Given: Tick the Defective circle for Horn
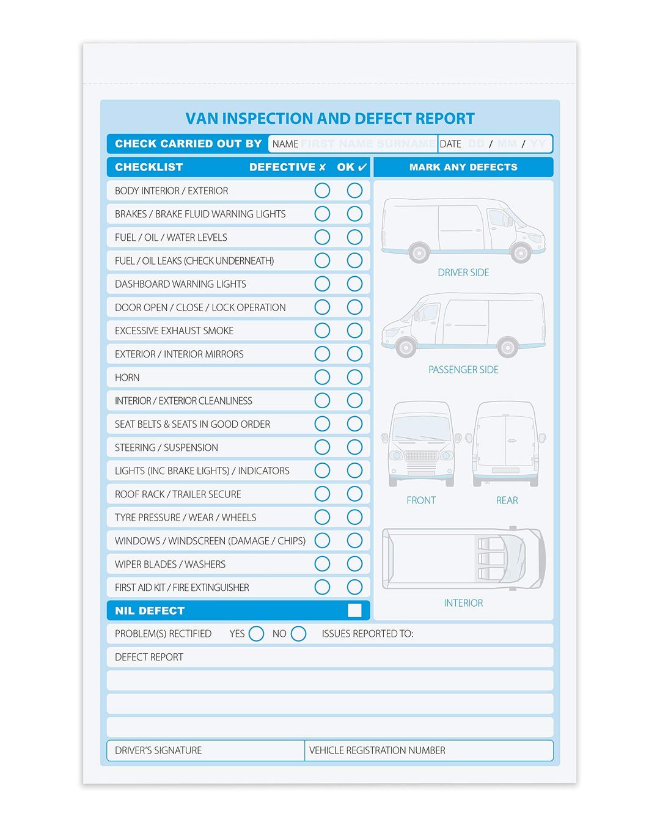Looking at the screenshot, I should pos(322,378).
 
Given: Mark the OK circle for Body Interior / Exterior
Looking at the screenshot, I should pos(354,191).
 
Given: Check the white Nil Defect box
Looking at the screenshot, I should pos(354,610).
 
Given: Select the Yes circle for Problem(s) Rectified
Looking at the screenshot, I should pos(257,634).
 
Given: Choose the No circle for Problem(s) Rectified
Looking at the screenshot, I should pos(298,634).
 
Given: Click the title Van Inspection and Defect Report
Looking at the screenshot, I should pos(330,119).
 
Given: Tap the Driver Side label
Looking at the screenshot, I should pos(463,273).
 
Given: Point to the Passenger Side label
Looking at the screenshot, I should pos(463,370).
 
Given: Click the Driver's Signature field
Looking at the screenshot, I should pos(206,750).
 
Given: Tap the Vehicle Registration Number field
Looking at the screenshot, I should pos(428,750).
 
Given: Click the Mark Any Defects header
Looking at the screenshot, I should pos(463,167).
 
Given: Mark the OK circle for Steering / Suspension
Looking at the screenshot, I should pos(354,447).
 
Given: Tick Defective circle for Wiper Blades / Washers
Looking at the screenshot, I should pos(322,564).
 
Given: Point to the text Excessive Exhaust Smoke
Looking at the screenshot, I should pos(174,331).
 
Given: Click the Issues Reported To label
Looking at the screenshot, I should pos(367,634).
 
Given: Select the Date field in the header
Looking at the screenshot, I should pos(495,144).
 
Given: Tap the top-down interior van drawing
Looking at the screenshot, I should pos(463,559).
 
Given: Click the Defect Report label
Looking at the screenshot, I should pos(149,657).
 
